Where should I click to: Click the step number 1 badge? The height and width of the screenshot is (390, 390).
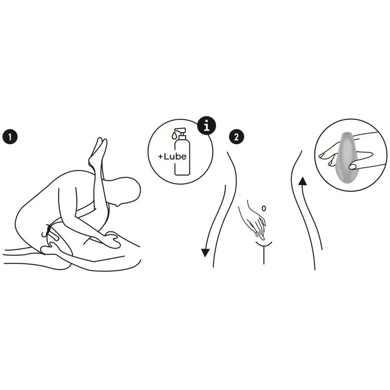10,137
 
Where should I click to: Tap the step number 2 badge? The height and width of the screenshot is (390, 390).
236,137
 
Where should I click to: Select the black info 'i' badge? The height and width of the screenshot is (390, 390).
207,126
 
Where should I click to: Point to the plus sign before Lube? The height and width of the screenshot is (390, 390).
160,156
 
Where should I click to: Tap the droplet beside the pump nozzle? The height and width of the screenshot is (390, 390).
174,136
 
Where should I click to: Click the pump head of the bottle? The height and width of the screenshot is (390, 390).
181,132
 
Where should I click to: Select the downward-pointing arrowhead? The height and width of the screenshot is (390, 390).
205,253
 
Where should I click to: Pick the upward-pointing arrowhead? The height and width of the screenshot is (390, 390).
303,181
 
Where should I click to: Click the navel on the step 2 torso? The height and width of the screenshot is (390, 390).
264,208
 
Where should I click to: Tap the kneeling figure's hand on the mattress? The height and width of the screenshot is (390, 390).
112,239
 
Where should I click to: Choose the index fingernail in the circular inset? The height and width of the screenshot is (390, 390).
323,156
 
